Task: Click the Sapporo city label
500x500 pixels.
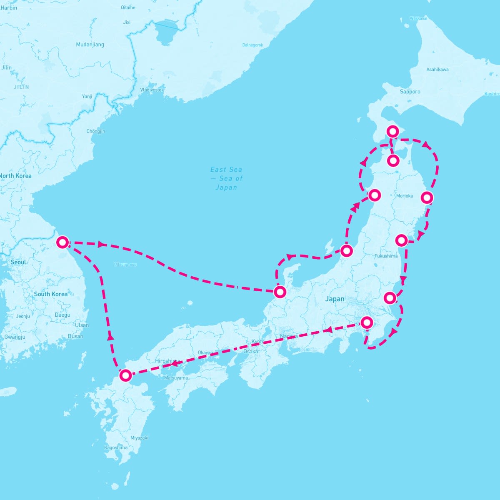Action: [410, 92]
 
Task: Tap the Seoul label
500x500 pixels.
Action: [18, 262]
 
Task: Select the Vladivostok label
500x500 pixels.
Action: [152, 90]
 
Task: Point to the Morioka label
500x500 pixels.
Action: [405, 196]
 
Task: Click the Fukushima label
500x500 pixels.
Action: [386, 256]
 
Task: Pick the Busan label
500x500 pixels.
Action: [75, 336]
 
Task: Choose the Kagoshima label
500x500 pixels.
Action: [116, 447]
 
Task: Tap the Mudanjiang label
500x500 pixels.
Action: [90, 45]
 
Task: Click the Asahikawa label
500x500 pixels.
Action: [437, 70]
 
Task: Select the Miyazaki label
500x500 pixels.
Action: [139, 438]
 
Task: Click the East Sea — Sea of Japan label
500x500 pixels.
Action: [226, 178]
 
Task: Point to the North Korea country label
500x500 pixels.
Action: [15, 176]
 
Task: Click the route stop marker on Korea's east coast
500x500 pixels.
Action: [62, 242]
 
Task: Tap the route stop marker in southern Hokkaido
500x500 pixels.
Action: [392, 131]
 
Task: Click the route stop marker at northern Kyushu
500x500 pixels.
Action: [125, 375]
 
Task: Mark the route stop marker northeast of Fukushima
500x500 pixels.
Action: [401, 240]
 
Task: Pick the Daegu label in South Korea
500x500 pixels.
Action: [62, 315]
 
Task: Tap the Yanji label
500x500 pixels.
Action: [87, 97]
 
